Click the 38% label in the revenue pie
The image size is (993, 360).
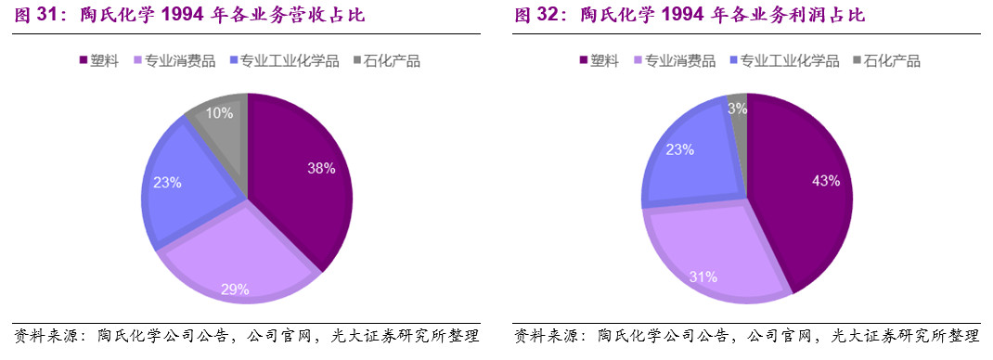click(321, 168)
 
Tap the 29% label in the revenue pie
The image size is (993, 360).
click(235, 289)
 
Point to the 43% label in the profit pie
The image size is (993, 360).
click(825, 181)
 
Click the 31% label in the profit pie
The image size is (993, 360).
click(703, 276)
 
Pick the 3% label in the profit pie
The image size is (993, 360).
click(737, 108)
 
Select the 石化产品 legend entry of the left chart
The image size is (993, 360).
click(387, 61)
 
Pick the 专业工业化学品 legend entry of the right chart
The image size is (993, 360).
click(785, 61)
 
